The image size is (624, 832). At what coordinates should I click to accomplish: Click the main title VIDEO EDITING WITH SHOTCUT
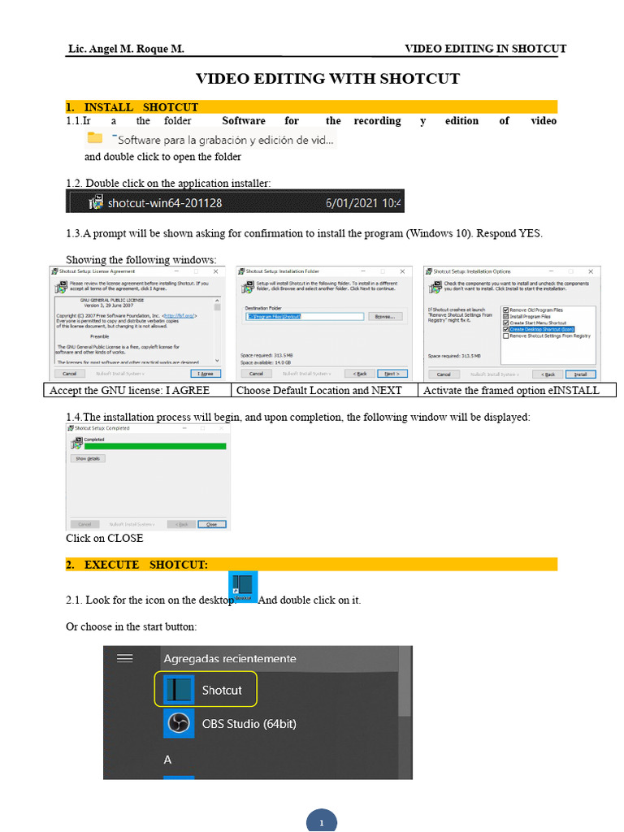pos(327,79)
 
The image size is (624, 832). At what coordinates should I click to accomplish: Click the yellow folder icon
pos(95,138)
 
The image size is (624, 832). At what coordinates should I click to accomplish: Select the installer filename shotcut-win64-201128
pos(164,202)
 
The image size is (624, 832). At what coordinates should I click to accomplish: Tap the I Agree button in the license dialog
pos(206,374)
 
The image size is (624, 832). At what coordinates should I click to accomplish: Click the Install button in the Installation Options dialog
pos(580,374)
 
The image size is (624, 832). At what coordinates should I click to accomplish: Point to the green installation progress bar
pos(154,446)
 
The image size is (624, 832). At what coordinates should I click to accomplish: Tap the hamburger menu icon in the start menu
pos(124,658)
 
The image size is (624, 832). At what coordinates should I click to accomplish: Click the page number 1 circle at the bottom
pos(321,821)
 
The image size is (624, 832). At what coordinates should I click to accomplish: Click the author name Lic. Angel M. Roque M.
pos(126,50)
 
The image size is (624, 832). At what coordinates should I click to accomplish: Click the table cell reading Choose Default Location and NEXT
pos(318,390)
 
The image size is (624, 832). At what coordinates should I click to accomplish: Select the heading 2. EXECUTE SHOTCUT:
pos(146,565)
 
